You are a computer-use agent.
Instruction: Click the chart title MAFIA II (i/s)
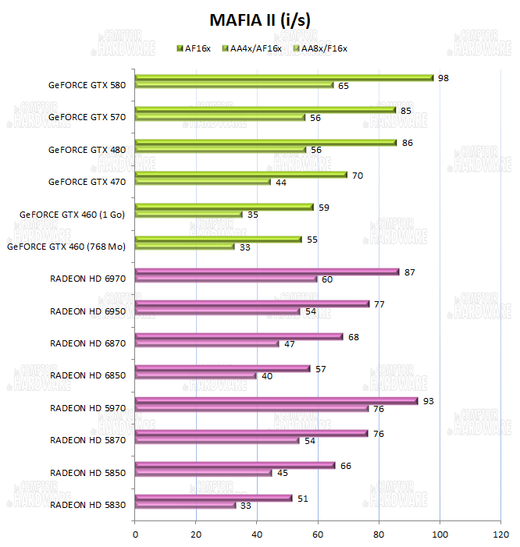[260, 19]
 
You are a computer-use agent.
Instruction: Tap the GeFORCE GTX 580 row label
[87, 84]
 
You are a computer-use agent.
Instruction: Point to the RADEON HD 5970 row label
[87, 407]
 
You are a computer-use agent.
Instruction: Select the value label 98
[443, 78]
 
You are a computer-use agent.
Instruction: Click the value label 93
[428, 401]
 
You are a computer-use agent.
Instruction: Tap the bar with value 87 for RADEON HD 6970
[267, 272]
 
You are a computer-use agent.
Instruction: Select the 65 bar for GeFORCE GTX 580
[234, 85]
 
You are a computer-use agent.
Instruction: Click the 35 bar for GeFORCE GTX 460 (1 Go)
[188, 214]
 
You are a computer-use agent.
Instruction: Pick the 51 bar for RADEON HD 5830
[213, 498]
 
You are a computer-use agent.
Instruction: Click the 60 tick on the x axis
[318, 534]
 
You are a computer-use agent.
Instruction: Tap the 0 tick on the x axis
[136, 534]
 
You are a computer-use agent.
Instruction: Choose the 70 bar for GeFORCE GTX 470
[241, 175]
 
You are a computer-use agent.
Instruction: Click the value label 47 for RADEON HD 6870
[290, 343]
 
